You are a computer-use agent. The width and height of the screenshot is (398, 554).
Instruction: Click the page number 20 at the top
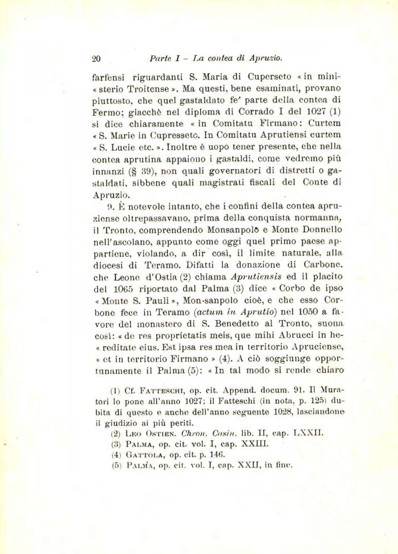(x=96, y=57)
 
